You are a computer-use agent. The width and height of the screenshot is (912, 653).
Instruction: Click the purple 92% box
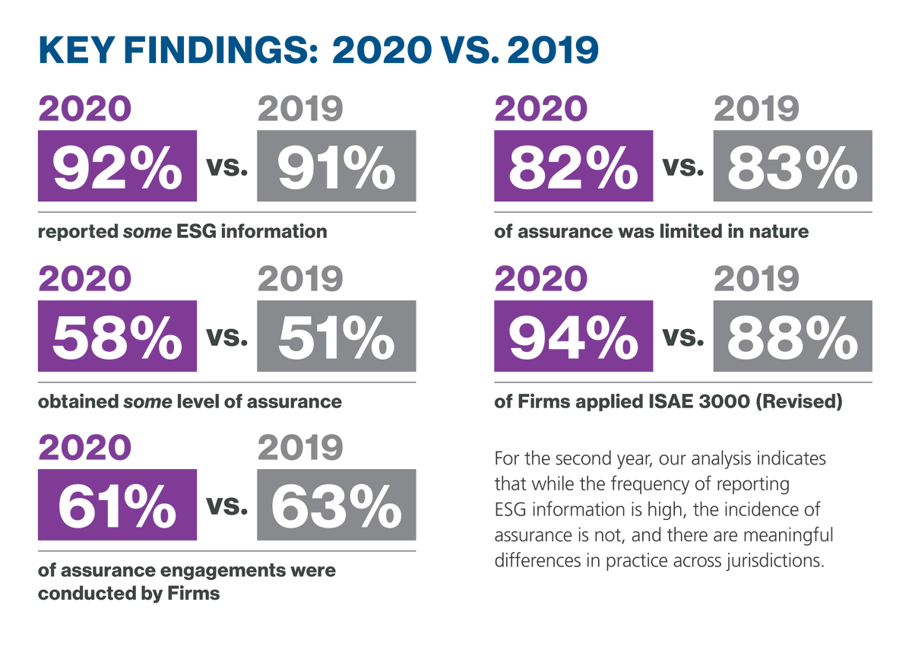click(x=117, y=166)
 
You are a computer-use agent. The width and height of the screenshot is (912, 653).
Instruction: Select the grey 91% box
click(x=336, y=166)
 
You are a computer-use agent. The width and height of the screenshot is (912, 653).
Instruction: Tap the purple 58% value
click(x=117, y=336)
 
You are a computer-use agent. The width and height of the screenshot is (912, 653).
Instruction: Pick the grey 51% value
click(x=336, y=336)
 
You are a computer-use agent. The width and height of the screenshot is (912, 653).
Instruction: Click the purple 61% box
click(x=117, y=505)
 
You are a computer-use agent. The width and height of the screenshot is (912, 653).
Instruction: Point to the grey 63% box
click(x=336, y=505)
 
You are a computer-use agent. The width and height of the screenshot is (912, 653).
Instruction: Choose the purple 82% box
click(x=573, y=166)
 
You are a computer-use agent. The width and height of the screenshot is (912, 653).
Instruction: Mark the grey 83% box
click(x=792, y=166)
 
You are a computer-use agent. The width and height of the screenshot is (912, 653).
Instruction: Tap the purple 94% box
click(x=573, y=336)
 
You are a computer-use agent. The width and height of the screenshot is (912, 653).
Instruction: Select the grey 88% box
click(x=792, y=336)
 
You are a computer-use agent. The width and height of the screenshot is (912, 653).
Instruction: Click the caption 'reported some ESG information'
click(x=182, y=231)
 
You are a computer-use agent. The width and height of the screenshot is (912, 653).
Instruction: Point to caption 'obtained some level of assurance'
click(x=190, y=401)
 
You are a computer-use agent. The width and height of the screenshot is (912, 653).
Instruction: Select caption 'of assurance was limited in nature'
click(x=651, y=231)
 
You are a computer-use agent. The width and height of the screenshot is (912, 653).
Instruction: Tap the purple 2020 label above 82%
click(x=540, y=110)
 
